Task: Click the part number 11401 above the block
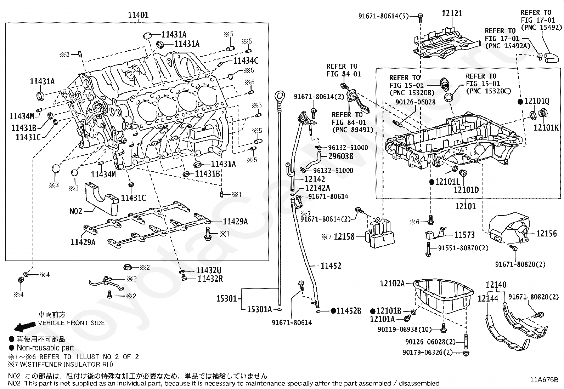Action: [138, 15]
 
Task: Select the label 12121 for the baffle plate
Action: [452, 13]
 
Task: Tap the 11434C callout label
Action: [246, 61]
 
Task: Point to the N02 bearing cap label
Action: [76, 211]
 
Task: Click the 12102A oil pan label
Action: [392, 284]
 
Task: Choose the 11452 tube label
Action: [331, 266]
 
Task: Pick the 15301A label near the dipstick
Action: [259, 309]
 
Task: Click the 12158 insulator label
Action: [344, 237]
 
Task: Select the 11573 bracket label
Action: [464, 235]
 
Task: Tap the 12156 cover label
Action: [546, 234]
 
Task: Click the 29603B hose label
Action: [341, 156]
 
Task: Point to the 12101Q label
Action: [537, 101]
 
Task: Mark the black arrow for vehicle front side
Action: [25, 326]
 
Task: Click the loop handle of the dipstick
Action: [280, 96]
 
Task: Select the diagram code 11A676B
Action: [544, 380]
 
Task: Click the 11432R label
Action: [210, 279]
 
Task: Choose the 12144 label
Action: [488, 299]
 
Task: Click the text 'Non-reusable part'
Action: [45, 348]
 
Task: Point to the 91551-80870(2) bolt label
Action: [463, 248]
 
